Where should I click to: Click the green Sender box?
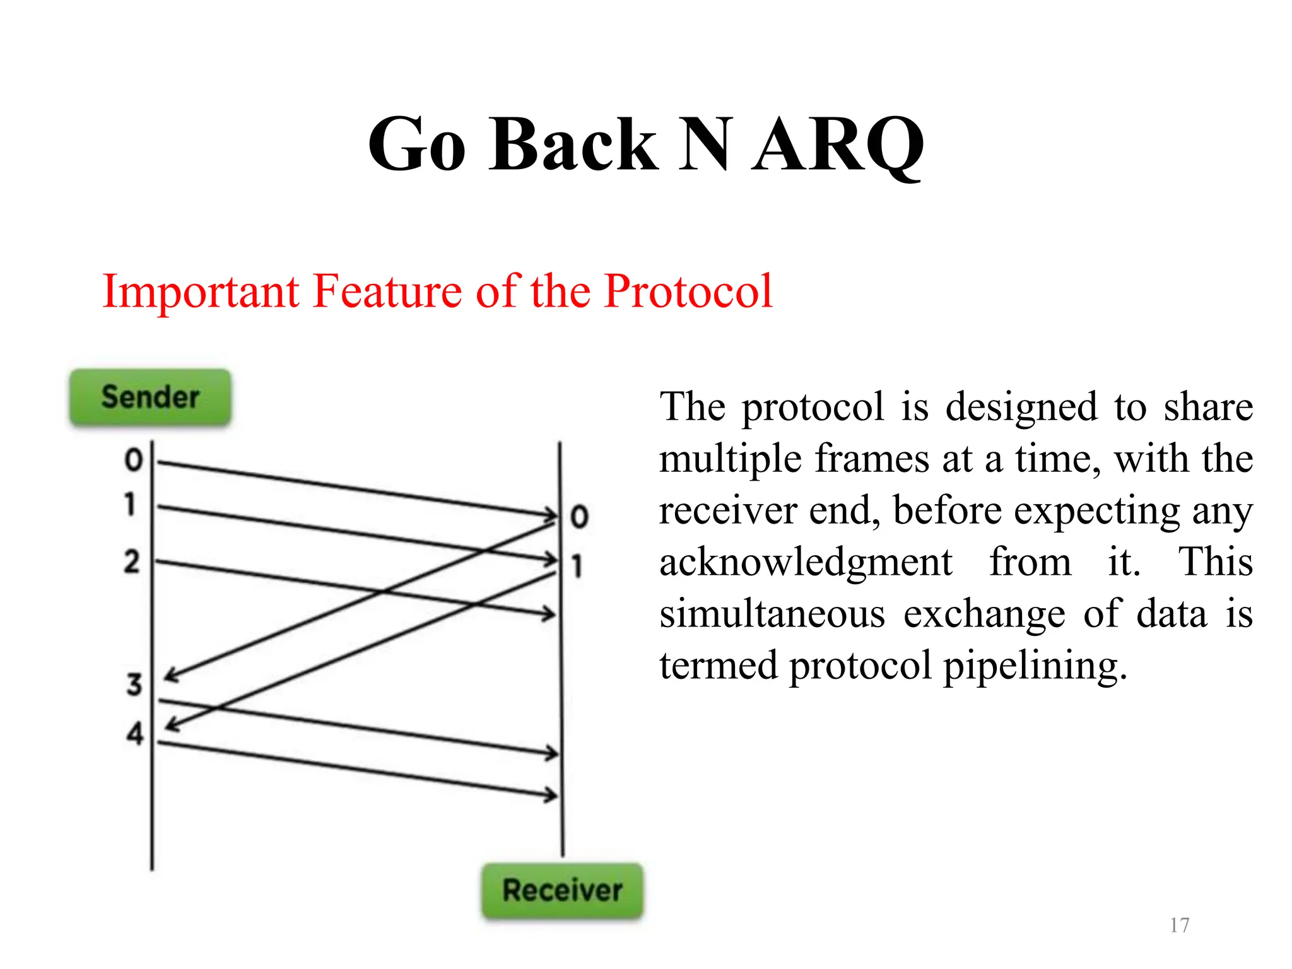click(x=150, y=397)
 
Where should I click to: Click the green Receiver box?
click(x=562, y=890)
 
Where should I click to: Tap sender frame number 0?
click(x=133, y=460)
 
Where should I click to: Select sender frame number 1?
click(x=130, y=505)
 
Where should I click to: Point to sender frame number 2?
click(x=131, y=561)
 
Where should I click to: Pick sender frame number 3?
click(x=134, y=684)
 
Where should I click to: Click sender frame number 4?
click(x=135, y=734)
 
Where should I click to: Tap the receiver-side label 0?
click(x=579, y=517)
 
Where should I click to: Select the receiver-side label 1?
click(x=577, y=566)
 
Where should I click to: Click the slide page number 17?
click(x=1179, y=925)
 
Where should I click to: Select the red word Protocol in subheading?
click(x=688, y=291)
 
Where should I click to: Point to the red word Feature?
click(x=387, y=291)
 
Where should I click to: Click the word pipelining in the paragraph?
click(x=1035, y=666)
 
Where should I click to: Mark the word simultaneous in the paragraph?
click(x=772, y=614)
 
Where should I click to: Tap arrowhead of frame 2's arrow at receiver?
click(x=549, y=613)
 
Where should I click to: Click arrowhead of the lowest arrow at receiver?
click(x=551, y=795)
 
